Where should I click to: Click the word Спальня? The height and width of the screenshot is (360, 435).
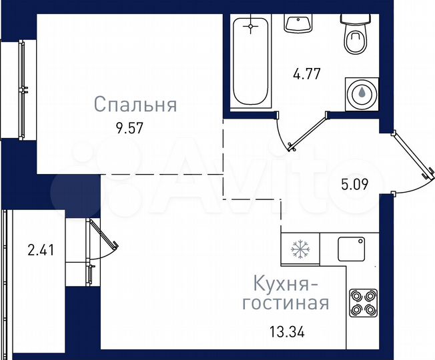tap(135, 105)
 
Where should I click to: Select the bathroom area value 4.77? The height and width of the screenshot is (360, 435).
tap(308, 73)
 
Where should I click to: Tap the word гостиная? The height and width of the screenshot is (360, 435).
tap(286, 304)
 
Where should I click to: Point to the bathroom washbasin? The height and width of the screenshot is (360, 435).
tap(298, 24)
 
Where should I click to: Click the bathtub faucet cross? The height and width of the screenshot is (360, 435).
tap(251, 27)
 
